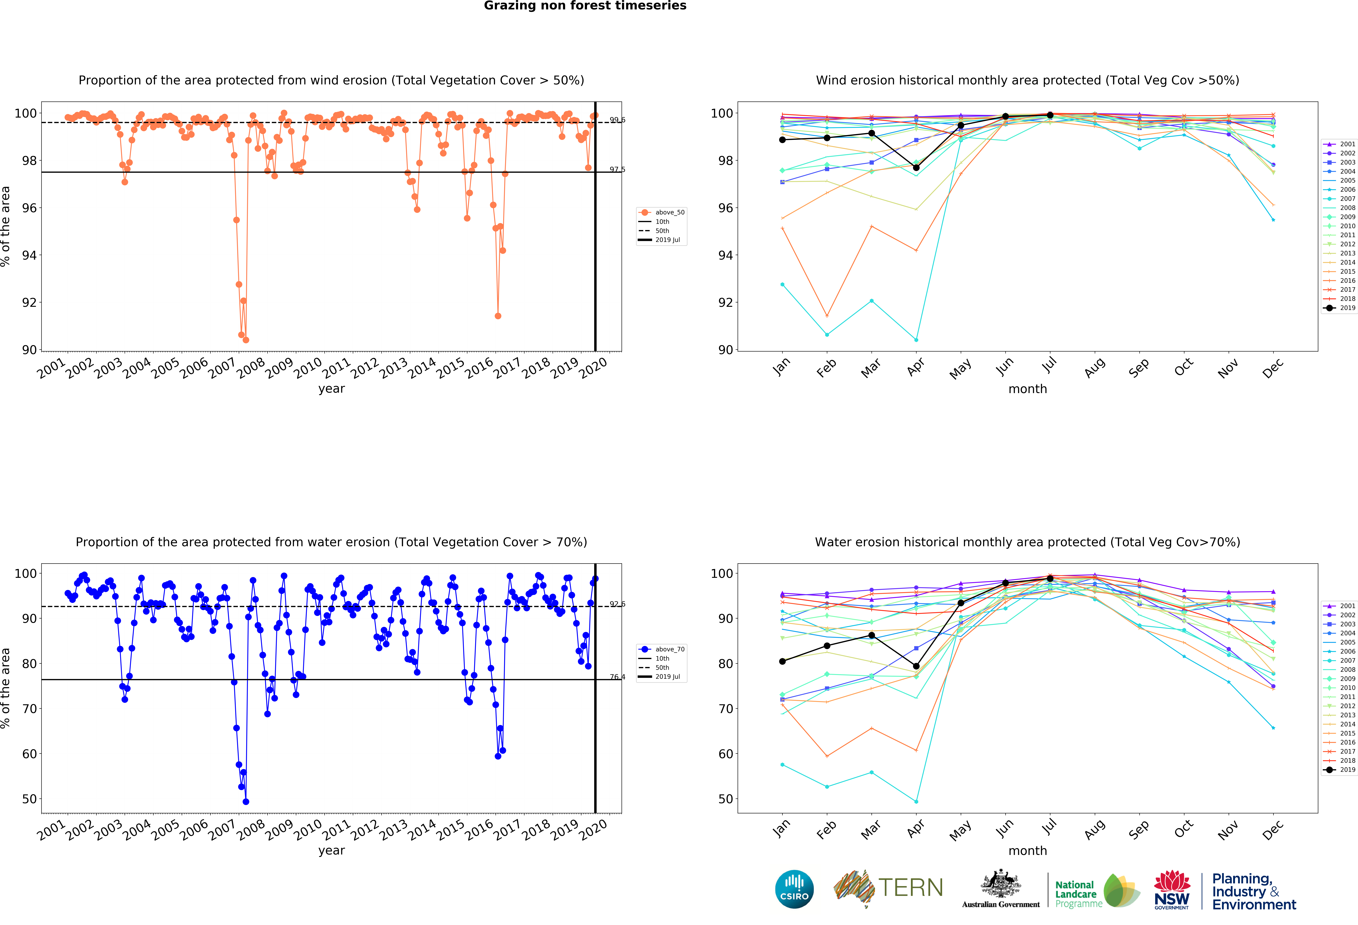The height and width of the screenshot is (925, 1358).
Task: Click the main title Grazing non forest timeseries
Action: pyautogui.click(x=585, y=6)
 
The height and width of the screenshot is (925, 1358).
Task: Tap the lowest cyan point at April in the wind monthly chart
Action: pyautogui.click(x=916, y=340)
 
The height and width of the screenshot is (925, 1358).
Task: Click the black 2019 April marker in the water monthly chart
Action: pyautogui.click(x=916, y=666)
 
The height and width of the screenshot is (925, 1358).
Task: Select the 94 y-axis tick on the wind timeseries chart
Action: pyautogui.click(x=29, y=255)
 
